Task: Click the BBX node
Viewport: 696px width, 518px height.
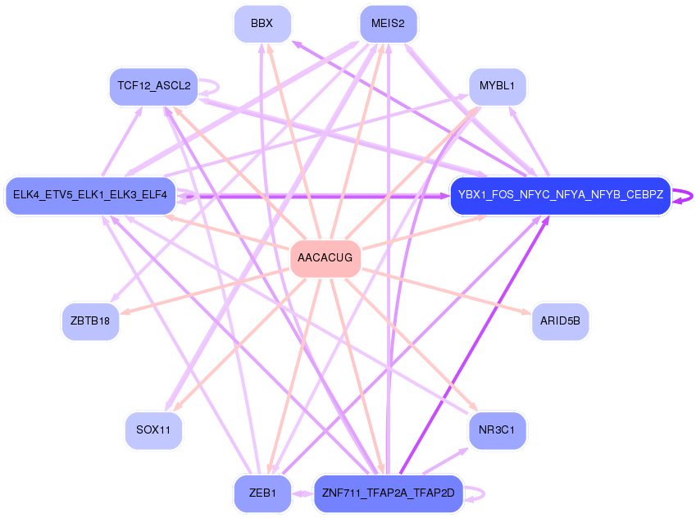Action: tap(262, 24)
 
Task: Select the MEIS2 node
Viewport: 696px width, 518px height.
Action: tap(388, 24)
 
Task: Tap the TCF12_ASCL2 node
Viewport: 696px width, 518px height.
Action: tap(153, 86)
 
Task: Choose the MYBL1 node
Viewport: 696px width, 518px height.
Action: tap(497, 86)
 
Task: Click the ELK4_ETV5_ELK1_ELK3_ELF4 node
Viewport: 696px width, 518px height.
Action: tap(90, 195)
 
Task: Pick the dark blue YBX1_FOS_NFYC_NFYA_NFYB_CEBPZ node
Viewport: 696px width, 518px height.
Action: tap(560, 195)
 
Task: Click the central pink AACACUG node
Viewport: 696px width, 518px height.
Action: tap(325, 258)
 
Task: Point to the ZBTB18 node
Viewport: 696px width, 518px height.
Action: tap(90, 320)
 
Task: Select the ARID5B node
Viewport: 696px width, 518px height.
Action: tap(560, 320)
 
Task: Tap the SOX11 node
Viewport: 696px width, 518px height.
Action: tap(153, 430)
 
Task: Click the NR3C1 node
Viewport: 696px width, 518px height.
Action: tap(497, 430)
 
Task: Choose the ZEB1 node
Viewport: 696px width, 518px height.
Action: tap(262, 493)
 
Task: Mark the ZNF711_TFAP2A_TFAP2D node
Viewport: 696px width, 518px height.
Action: tap(388, 493)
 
